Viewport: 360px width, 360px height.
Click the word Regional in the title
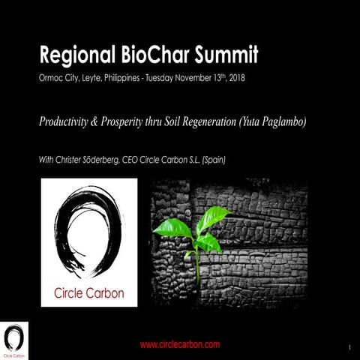point(73,55)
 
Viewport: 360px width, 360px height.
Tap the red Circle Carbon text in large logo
point(88,292)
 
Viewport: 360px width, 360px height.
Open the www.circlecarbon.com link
point(179,344)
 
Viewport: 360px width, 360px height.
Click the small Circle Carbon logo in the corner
point(13,339)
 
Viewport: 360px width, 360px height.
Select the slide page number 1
point(350,347)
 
